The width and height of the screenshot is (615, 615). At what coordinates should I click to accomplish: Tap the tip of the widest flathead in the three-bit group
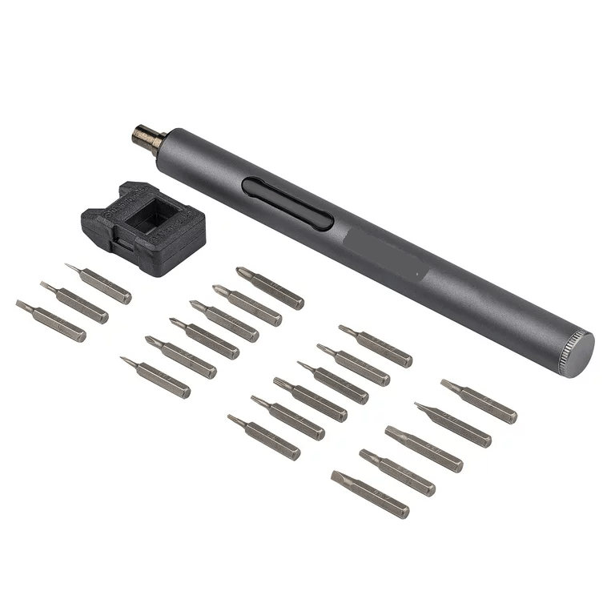[x=20, y=304]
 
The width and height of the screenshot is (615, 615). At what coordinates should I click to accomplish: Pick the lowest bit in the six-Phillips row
[x=155, y=376]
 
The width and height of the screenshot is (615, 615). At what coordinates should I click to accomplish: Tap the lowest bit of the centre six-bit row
[x=263, y=436]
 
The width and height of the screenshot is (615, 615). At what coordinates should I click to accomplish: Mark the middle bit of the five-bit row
[x=424, y=449]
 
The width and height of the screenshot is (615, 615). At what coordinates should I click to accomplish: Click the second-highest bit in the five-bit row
[x=452, y=424]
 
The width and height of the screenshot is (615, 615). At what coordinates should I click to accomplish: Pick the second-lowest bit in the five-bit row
[x=396, y=472]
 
